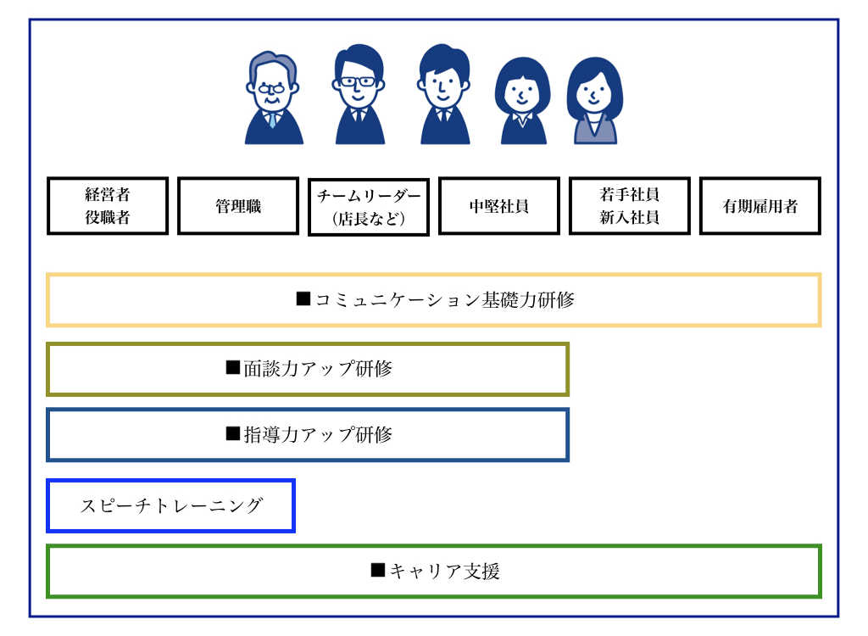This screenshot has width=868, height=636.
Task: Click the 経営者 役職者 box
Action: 108,205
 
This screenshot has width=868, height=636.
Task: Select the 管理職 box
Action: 238,205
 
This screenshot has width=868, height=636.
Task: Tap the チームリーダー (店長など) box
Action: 369,206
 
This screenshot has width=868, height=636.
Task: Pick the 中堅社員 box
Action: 499,205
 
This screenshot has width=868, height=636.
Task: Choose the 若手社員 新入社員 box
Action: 630,205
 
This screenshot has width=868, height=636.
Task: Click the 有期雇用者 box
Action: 760,205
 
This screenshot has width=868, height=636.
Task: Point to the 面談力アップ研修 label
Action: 318,369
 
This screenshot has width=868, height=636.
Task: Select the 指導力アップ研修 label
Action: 318,435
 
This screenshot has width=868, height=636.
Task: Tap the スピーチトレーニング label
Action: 171,506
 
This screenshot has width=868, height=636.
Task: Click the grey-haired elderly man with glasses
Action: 273,98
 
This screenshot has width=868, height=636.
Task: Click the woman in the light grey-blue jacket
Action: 595,101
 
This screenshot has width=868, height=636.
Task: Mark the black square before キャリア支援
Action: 378,570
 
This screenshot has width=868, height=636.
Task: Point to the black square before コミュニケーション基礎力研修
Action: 303,298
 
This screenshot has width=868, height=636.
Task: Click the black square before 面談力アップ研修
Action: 233,368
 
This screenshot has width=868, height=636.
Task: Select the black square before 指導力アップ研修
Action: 233,434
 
